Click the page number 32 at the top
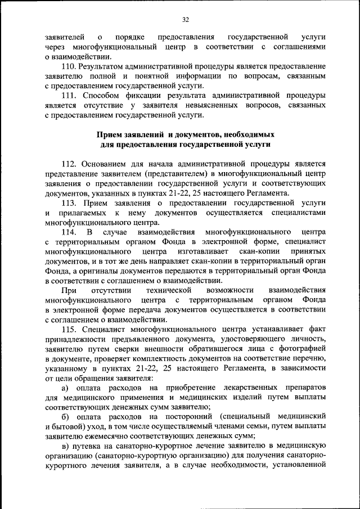coord(185,19)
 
